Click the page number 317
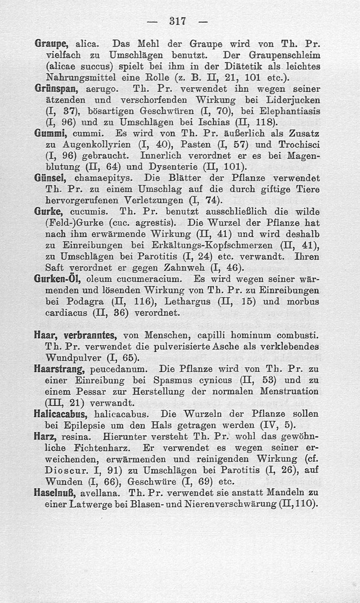tap(179, 21)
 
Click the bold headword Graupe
tap(51, 45)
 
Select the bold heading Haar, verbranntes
tap(76, 335)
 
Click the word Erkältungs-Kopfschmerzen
tap(191, 246)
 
